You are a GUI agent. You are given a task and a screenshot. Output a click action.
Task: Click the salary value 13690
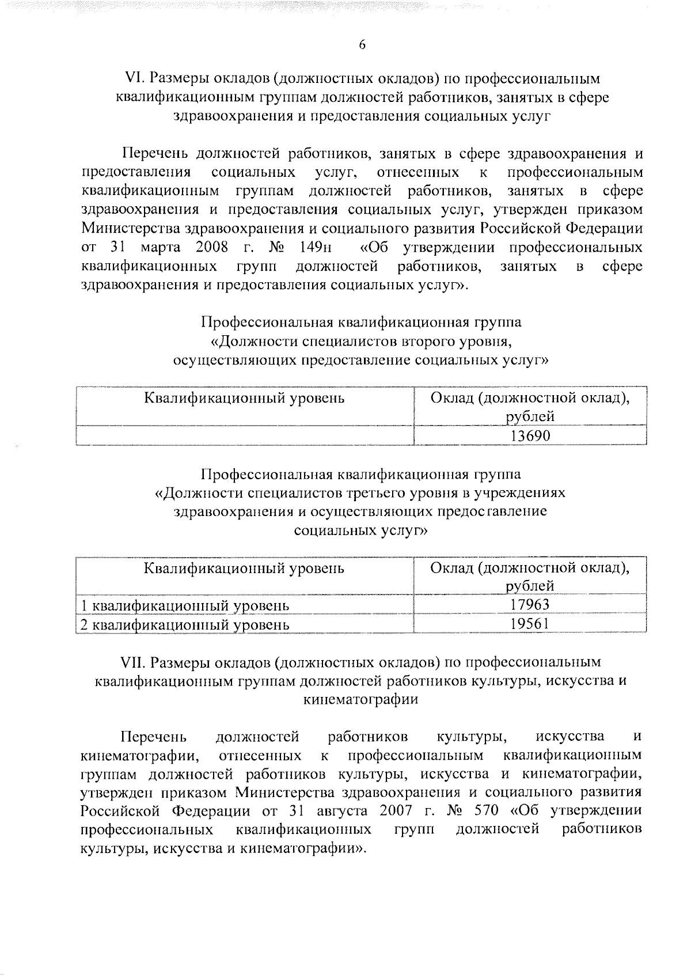coord(530,436)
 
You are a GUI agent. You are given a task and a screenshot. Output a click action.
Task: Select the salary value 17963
coord(530,604)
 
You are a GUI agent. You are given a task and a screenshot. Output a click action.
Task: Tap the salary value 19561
coord(530,624)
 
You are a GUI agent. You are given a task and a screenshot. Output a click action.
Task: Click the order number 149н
coord(314,248)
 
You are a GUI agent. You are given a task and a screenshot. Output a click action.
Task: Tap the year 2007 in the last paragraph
coord(396,811)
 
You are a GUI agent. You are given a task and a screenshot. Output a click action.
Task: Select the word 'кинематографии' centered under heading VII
coord(360,700)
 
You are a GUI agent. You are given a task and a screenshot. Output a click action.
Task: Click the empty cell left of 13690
coord(245,436)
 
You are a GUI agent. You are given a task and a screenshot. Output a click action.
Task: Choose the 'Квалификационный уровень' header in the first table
coord(244,398)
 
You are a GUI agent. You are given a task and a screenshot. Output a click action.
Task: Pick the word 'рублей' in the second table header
coord(530,586)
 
